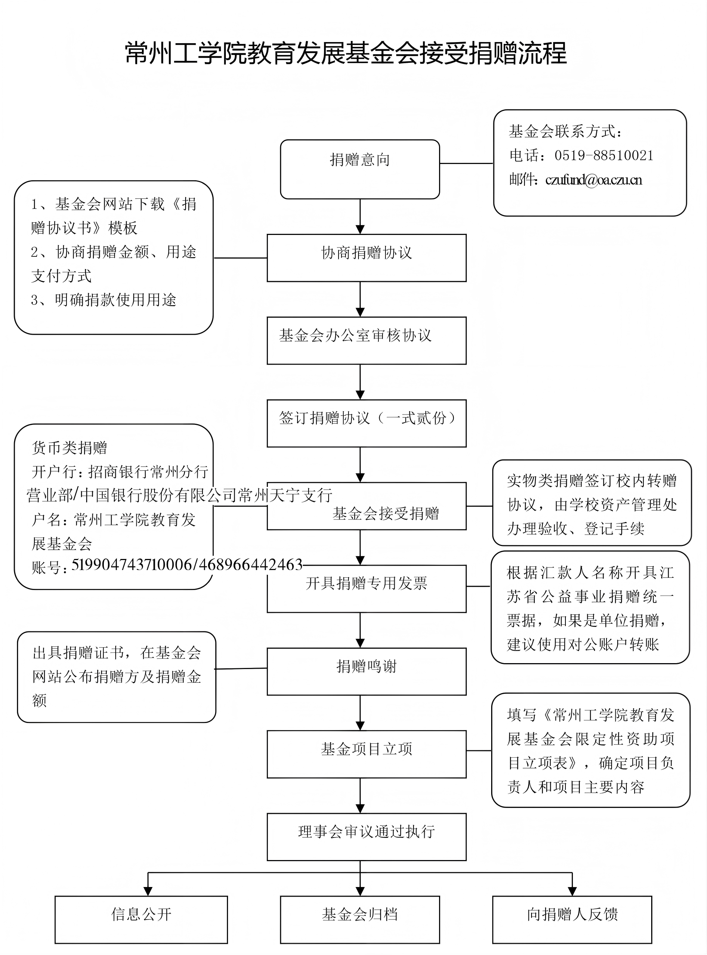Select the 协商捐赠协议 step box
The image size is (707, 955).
[x=366, y=257]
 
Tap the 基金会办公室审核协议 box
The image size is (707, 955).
[x=366, y=341]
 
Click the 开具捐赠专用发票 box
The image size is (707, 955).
[x=366, y=589]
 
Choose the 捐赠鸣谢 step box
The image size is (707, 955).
[x=366, y=671]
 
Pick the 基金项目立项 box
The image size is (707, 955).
[x=366, y=754]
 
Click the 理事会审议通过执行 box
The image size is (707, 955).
[x=366, y=837]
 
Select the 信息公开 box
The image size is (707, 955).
[x=141, y=920]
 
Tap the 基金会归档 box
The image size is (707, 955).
[x=360, y=920]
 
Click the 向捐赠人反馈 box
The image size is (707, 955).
[x=572, y=920]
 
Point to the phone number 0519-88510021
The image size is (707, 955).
[x=604, y=155]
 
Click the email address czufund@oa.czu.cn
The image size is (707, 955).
[x=594, y=180]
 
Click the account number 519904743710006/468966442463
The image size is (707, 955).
[x=187, y=565]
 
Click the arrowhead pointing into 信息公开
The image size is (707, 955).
[x=148, y=891]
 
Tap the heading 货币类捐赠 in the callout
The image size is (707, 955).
[x=69, y=448]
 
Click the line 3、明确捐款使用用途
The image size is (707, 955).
[x=103, y=300]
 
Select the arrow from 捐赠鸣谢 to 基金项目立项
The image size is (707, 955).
[x=360, y=713]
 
